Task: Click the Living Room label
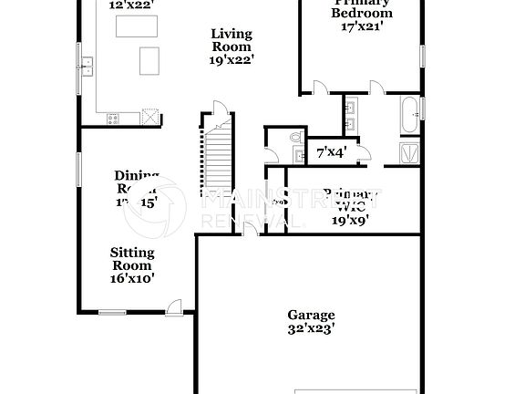[x=231, y=40]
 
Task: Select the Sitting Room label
[x=133, y=259]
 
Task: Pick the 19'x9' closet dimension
[x=349, y=219]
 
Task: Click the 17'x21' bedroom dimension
[x=362, y=27]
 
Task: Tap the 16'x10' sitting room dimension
[x=133, y=279]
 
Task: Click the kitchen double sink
[x=88, y=67]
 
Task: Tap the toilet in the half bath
[x=294, y=138]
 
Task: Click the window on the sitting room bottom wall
[x=112, y=313]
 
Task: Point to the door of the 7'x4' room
[x=362, y=154]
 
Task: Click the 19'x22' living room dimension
[x=231, y=60]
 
